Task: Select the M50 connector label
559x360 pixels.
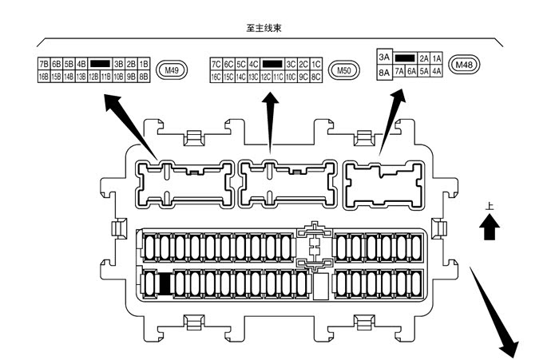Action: pos(343,70)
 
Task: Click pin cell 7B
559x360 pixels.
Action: pos(43,63)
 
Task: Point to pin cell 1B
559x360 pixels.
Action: pos(145,63)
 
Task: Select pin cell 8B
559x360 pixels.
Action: pos(145,77)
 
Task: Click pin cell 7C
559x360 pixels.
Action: pos(216,64)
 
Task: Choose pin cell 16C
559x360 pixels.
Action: pos(216,77)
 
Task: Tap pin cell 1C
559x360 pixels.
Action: pos(316,64)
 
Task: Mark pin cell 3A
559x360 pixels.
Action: pos(384,57)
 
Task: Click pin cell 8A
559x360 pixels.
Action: pos(384,72)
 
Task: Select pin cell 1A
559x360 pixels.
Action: pos(437,58)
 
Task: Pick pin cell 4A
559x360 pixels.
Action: pos(437,72)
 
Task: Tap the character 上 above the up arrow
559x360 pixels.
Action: pos(490,207)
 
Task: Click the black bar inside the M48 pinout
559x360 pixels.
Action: pos(405,58)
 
